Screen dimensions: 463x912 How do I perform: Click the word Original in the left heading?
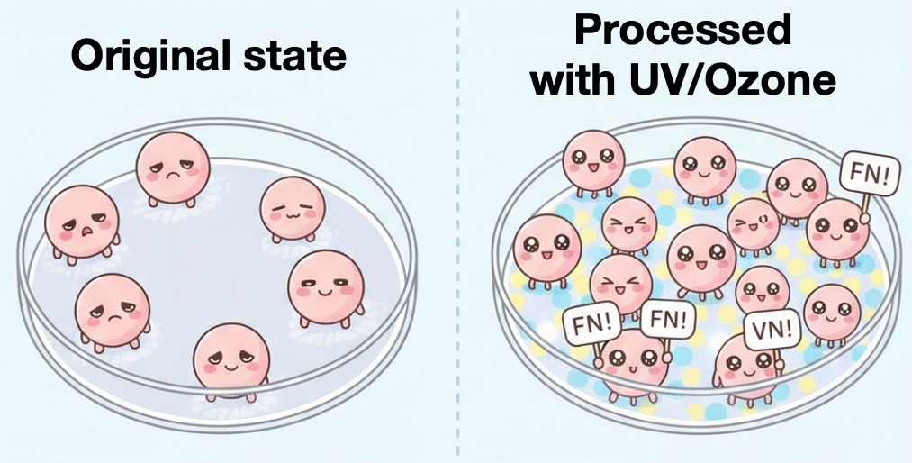pyautogui.click(x=144, y=58)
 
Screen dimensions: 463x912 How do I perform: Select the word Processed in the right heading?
pyautogui.click(x=682, y=30)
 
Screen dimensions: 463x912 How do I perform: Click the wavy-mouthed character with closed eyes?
pyautogui.click(x=292, y=208)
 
